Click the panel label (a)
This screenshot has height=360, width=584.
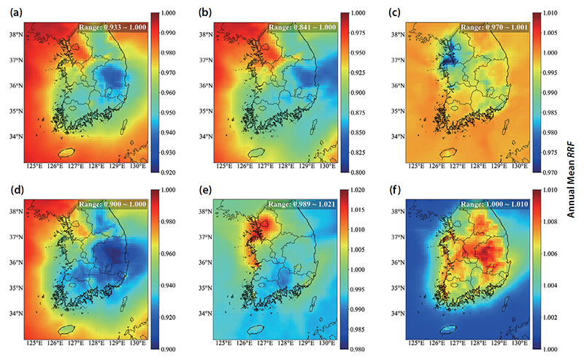16,13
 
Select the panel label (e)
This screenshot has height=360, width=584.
205,190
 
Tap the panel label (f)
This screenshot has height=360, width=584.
394,190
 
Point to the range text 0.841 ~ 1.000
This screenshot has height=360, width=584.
315,27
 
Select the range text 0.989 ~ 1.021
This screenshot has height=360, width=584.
315,204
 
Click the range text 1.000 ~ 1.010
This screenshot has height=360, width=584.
507,204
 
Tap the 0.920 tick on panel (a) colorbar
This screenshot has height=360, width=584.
168,172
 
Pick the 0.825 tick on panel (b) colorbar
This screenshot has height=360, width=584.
358,153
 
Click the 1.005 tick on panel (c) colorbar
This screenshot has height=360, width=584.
550,33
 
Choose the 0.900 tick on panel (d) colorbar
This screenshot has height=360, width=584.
168,349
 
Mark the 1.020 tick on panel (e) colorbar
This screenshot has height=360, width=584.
358,190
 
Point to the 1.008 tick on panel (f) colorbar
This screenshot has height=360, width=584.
550,222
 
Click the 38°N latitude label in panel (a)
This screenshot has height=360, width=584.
16,34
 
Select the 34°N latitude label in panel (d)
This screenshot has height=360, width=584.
16,313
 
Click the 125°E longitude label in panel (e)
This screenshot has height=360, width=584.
224,343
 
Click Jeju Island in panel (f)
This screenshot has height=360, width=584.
448,329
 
